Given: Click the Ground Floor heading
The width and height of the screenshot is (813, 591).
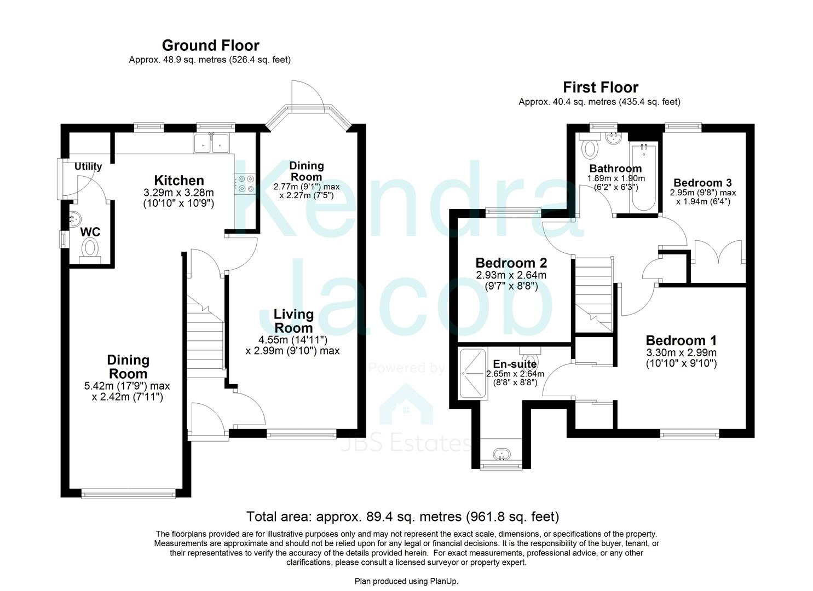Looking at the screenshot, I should [210, 45].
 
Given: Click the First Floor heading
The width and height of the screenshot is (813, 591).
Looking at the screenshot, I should [600, 88].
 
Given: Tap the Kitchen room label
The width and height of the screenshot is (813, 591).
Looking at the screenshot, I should [178, 181].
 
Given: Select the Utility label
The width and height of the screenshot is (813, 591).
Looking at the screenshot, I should [88, 166].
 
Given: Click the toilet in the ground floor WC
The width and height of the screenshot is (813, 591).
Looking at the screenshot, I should [90, 249].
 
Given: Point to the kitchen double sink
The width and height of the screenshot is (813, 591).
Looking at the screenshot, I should [211, 143].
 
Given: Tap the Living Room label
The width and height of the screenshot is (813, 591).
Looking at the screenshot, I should [293, 321].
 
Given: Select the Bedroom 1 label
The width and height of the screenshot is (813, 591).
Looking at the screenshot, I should [681, 340].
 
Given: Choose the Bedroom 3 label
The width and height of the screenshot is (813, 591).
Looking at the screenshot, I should [702, 183].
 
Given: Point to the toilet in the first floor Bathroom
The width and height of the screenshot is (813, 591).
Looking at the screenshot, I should [590, 147].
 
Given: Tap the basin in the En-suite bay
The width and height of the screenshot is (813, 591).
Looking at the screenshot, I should [501, 454].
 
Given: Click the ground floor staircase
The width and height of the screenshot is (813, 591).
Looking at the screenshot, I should [206, 339].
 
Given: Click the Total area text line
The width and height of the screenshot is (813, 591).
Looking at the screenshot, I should [402, 516].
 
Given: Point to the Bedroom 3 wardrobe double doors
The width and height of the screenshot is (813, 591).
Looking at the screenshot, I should [717, 252].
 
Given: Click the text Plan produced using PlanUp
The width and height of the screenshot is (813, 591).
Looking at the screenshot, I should [406, 581].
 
